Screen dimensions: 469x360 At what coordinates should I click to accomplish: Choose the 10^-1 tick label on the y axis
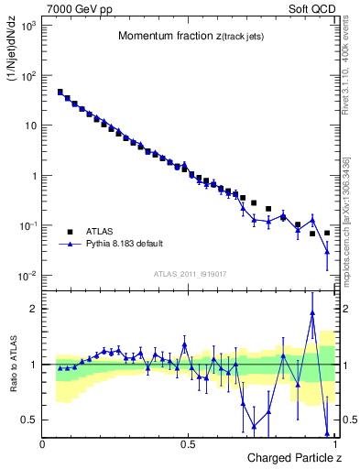[27, 225]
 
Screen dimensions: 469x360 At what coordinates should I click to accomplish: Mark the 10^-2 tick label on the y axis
[27, 276]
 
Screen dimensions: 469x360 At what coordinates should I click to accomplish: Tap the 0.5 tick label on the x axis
[188, 444]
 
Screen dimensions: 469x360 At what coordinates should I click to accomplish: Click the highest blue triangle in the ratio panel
[312, 312]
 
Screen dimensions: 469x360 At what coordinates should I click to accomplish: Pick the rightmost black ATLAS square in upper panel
[327, 233]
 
